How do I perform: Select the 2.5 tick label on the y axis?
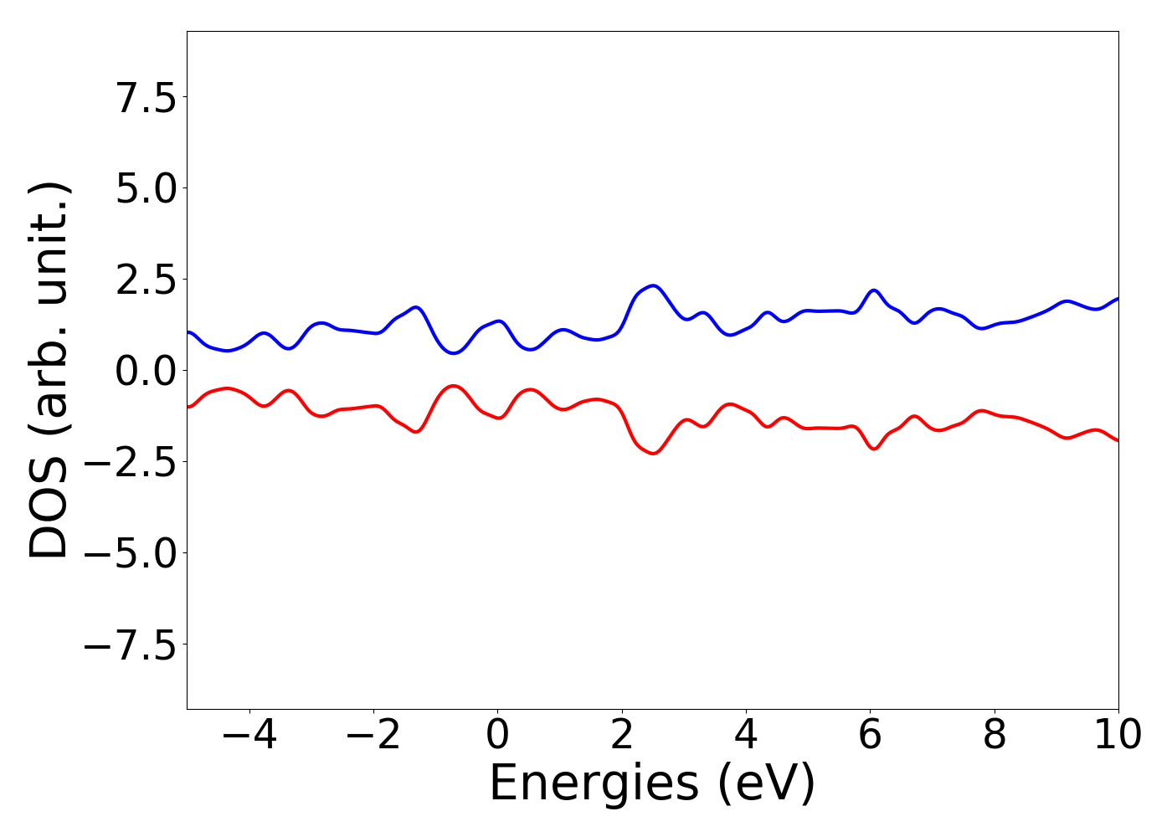coord(146,280)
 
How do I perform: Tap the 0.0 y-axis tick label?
coord(146,371)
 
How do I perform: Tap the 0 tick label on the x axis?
coord(497,736)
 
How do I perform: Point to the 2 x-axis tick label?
coord(621,736)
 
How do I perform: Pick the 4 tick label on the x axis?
coord(746,736)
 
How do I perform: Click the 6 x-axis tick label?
coord(870,736)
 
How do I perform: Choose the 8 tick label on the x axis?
coord(995,736)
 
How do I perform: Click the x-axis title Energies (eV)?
coord(652,784)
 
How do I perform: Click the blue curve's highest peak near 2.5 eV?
coord(653,286)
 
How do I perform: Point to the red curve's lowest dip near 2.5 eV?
coord(653,454)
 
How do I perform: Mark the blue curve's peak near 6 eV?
coord(874,290)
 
